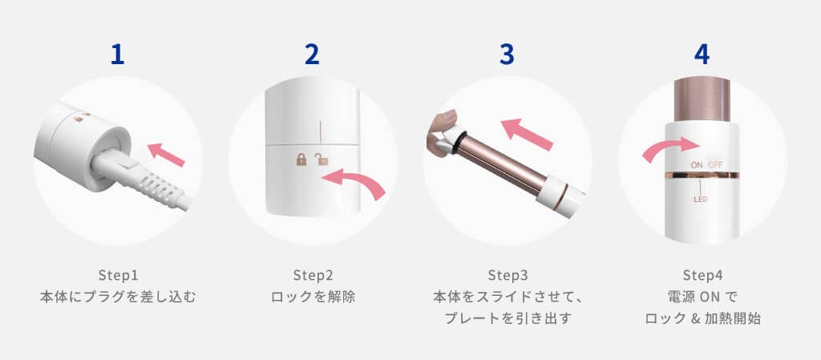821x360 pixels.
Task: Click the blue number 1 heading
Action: pyautogui.click(x=118, y=54)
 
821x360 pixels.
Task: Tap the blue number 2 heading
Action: pyautogui.click(x=312, y=54)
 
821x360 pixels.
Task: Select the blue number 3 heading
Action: pyautogui.click(x=507, y=54)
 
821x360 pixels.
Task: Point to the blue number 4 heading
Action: pyautogui.click(x=702, y=54)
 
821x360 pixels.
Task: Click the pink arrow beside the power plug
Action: pyautogui.click(x=166, y=155)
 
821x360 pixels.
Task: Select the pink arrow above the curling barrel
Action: pyautogui.click(x=526, y=134)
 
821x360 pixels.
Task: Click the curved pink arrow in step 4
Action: pyautogui.click(x=671, y=148)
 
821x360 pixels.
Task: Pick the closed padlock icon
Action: pyautogui.click(x=301, y=160)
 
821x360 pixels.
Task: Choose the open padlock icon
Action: pyautogui.click(x=321, y=160)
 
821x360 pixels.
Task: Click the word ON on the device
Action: pyautogui.click(x=697, y=165)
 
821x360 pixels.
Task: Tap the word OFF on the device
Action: pyautogui.click(x=715, y=165)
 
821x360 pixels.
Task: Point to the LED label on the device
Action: pyautogui.click(x=701, y=200)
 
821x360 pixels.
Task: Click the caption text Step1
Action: pyautogui.click(x=118, y=275)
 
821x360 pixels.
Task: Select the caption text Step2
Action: pyautogui.click(x=313, y=275)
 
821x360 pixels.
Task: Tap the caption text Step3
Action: pyautogui.click(x=508, y=275)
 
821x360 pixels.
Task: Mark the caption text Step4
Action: pyautogui.click(x=702, y=275)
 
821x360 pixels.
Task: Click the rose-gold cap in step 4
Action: pyautogui.click(x=702, y=99)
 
